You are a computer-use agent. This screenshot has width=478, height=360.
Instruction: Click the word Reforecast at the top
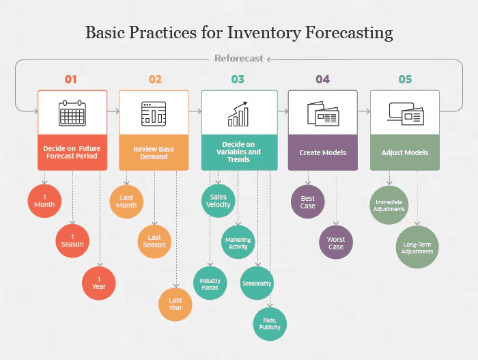click(238, 59)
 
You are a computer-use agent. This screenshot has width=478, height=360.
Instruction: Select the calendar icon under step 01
click(72, 113)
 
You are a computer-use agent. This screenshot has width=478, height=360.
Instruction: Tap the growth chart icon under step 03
click(238, 113)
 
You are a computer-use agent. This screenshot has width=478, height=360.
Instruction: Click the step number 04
click(322, 79)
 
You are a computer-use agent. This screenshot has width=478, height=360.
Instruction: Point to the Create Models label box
click(322, 152)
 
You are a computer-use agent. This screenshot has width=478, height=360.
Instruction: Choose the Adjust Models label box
click(405, 152)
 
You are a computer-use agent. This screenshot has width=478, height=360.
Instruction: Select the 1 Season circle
click(72, 240)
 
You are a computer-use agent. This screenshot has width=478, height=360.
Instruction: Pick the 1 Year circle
click(99, 282)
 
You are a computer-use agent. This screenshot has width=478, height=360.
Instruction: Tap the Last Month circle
click(126, 201)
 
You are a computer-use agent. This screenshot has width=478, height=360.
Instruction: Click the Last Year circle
click(175, 304)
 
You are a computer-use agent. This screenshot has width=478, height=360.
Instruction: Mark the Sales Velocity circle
click(218, 201)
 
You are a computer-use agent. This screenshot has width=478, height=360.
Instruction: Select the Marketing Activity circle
click(238, 243)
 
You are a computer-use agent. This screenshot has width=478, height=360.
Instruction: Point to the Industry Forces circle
click(210, 283)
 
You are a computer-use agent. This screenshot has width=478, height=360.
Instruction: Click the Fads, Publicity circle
click(270, 323)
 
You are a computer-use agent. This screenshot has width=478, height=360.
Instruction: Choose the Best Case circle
click(308, 202)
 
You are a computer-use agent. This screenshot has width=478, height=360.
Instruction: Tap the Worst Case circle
click(336, 243)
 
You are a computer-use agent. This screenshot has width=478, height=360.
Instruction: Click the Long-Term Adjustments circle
click(417, 247)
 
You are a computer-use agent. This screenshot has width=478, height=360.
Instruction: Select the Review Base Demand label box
click(154, 152)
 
